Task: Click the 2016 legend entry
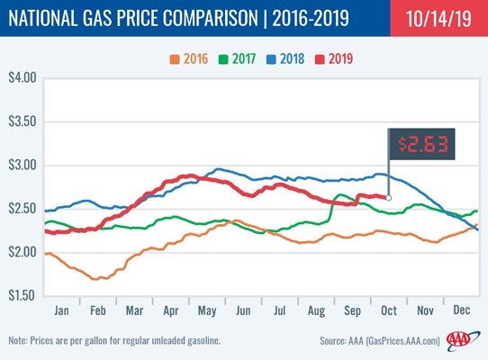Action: point(189,58)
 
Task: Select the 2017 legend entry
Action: point(237,58)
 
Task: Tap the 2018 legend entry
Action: point(285,58)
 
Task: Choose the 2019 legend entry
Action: point(334,58)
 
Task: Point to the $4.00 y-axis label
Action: point(23,77)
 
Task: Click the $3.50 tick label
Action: point(23,121)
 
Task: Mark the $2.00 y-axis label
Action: point(23,252)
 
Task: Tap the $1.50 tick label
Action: point(22,295)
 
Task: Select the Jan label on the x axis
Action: point(61,310)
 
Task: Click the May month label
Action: point(207,310)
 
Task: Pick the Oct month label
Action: point(389,310)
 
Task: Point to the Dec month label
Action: point(462,310)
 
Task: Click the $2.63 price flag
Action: point(421,144)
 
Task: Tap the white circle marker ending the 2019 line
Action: point(388,198)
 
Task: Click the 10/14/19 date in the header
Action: point(438,19)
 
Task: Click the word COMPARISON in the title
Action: point(211,18)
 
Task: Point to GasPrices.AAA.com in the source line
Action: point(403,341)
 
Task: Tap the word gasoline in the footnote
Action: point(203,341)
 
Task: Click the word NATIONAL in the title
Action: point(43,18)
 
